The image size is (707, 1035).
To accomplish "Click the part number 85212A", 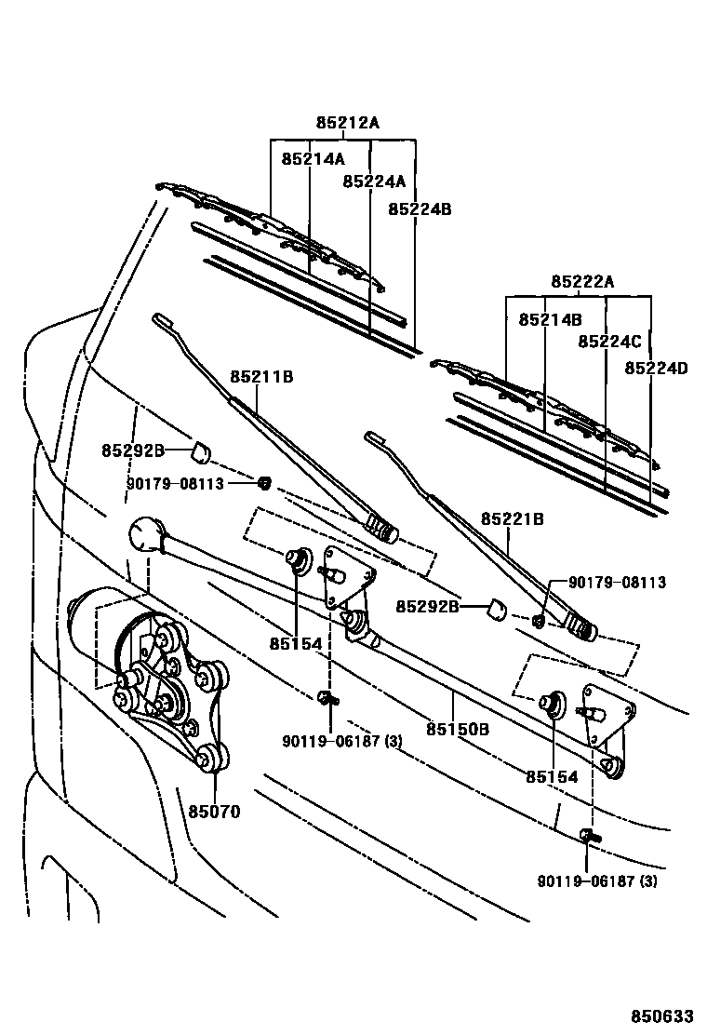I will [347, 122].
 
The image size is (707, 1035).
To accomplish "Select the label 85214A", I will [313, 158].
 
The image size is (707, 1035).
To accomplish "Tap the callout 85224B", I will [420, 209].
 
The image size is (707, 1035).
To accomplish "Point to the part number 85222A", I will [582, 281].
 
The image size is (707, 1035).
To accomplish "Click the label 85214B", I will [550, 318].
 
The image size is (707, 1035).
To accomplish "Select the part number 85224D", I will [656, 368].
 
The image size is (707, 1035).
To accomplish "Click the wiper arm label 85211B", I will [261, 376].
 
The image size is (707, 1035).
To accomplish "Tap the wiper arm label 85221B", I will [512, 518].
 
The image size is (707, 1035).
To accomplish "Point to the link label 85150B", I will [458, 729].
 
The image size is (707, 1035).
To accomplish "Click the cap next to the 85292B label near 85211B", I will [200, 453].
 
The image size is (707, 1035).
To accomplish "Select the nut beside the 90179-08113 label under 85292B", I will [263, 482].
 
